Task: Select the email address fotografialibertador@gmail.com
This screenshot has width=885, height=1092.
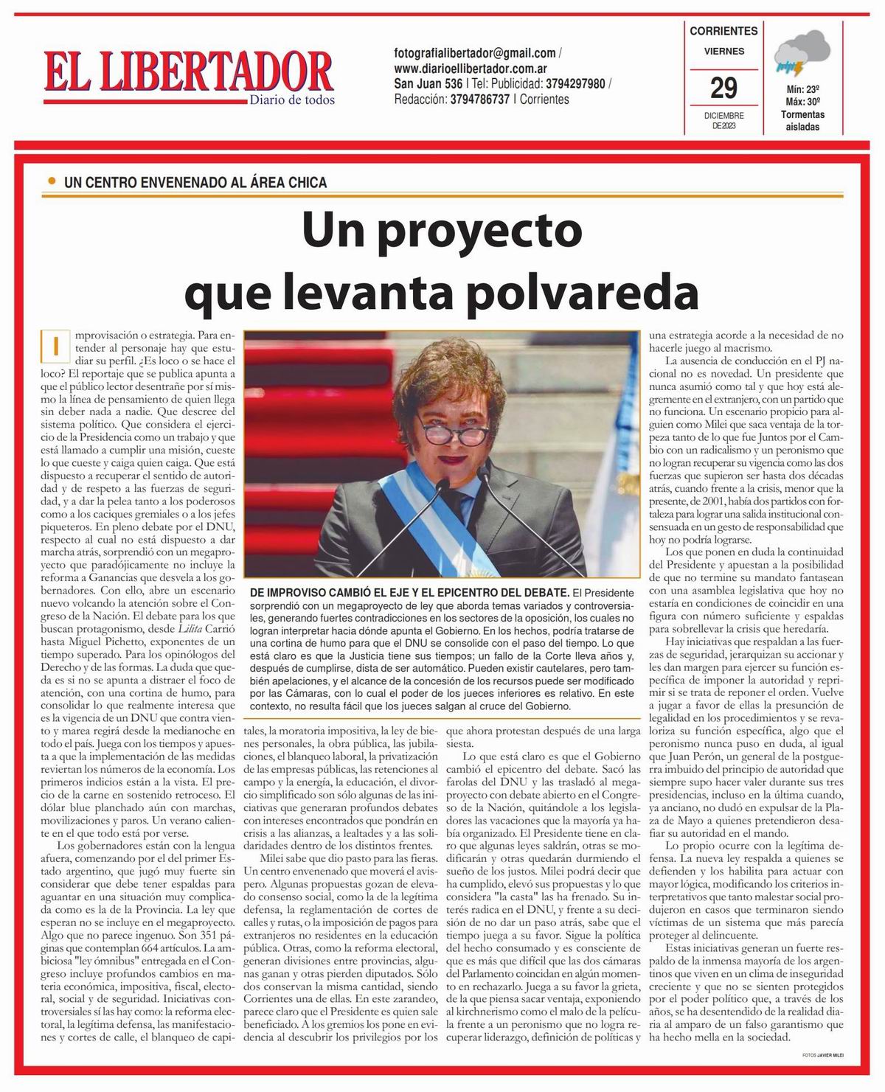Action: (475, 53)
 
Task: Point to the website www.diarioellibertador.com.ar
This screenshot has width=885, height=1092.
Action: (476, 69)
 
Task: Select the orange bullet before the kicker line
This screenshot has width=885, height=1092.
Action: (51, 181)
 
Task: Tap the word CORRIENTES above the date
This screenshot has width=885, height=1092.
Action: (723, 31)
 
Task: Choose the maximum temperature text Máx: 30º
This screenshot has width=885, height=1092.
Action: (802, 102)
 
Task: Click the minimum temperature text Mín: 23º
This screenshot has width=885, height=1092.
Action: (802, 90)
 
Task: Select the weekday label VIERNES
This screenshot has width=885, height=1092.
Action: (723, 52)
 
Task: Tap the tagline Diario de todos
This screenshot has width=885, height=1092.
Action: (292, 100)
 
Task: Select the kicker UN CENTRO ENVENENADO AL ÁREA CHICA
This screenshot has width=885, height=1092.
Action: (195, 182)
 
